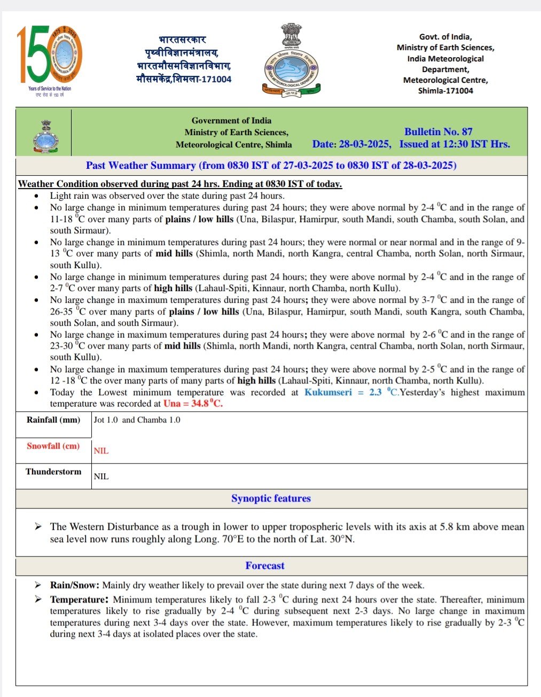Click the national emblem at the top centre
(291, 60)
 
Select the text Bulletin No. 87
(438, 132)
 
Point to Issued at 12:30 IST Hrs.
(454, 144)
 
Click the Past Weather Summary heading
(271, 166)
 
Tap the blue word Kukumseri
(328, 393)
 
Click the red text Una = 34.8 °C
(193, 404)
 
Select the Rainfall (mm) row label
(53, 420)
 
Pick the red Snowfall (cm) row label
(53, 446)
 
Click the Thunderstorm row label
(53, 472)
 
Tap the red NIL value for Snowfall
(101, 451)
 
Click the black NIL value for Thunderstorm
(101, 476)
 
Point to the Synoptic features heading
(271, 499)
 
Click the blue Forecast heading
(265, 566)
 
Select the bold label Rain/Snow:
(75, 585)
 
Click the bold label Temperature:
(79, 600)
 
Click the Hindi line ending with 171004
(184, 79)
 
